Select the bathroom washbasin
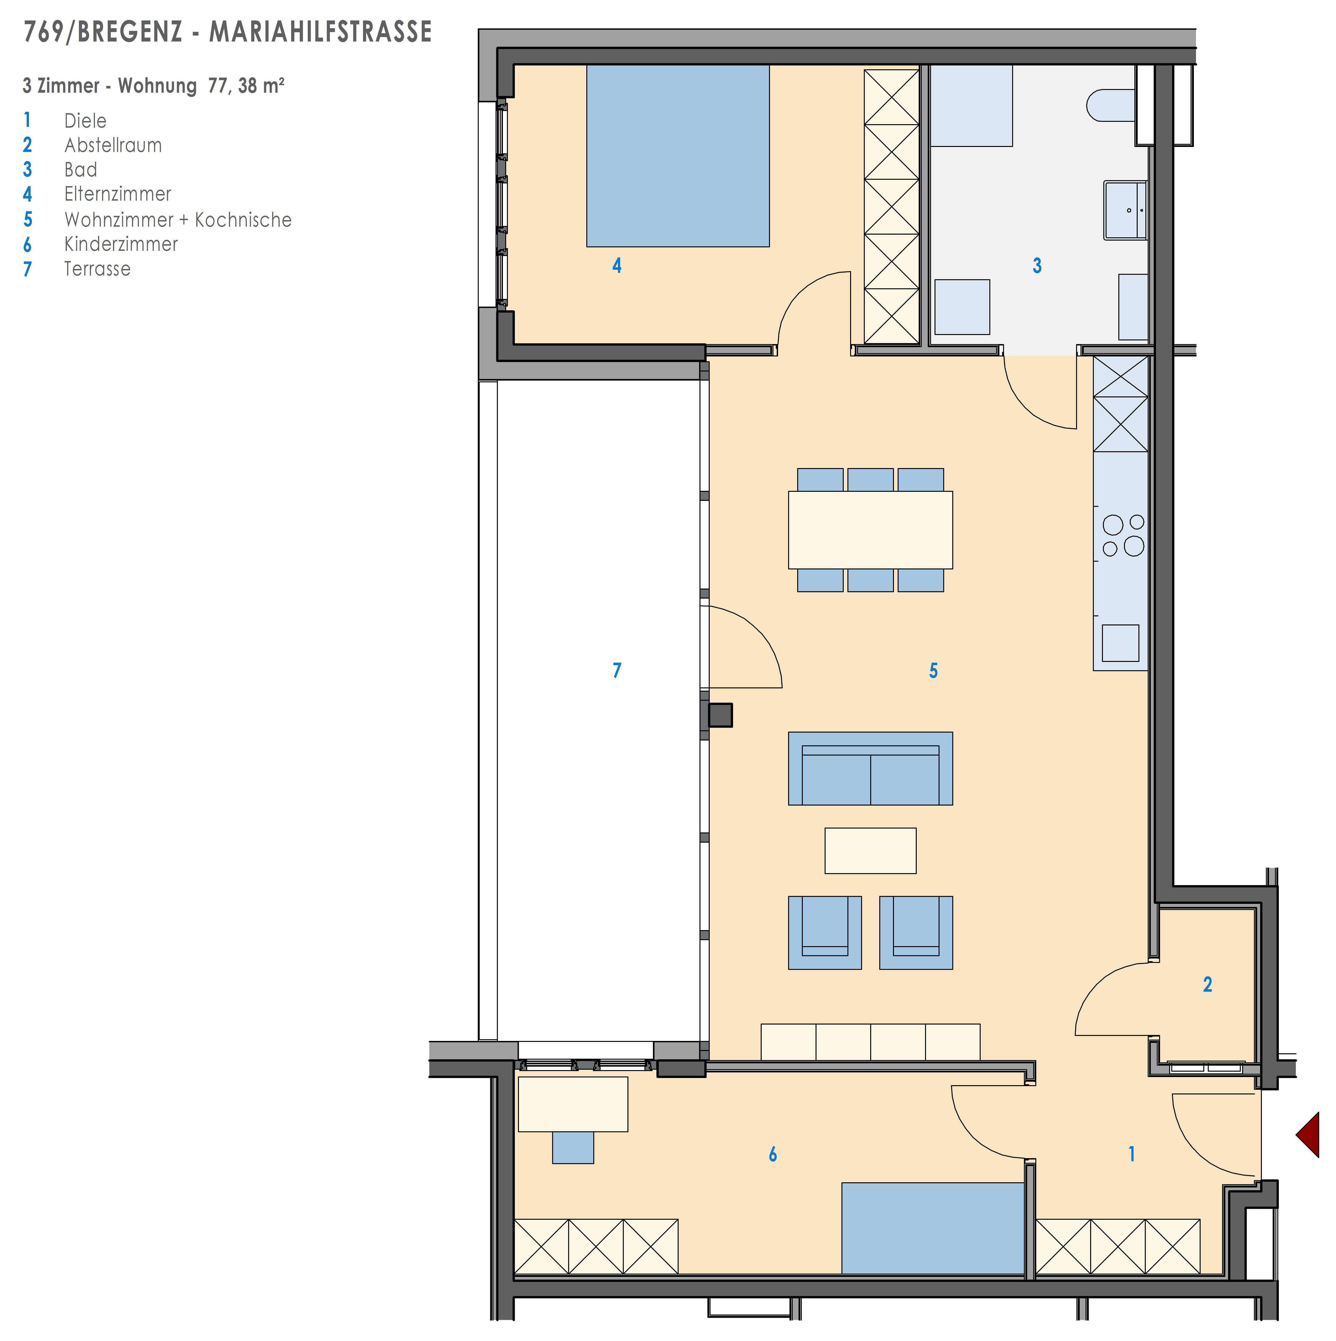(1125, 210)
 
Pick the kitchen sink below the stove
(1120, 643)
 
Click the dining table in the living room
(870, 530)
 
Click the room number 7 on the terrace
(617, 670)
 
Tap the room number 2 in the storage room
(1208, 984)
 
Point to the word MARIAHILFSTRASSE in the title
(321, 32)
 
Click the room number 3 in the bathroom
(1037, 265)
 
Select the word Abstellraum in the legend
(113, 145)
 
